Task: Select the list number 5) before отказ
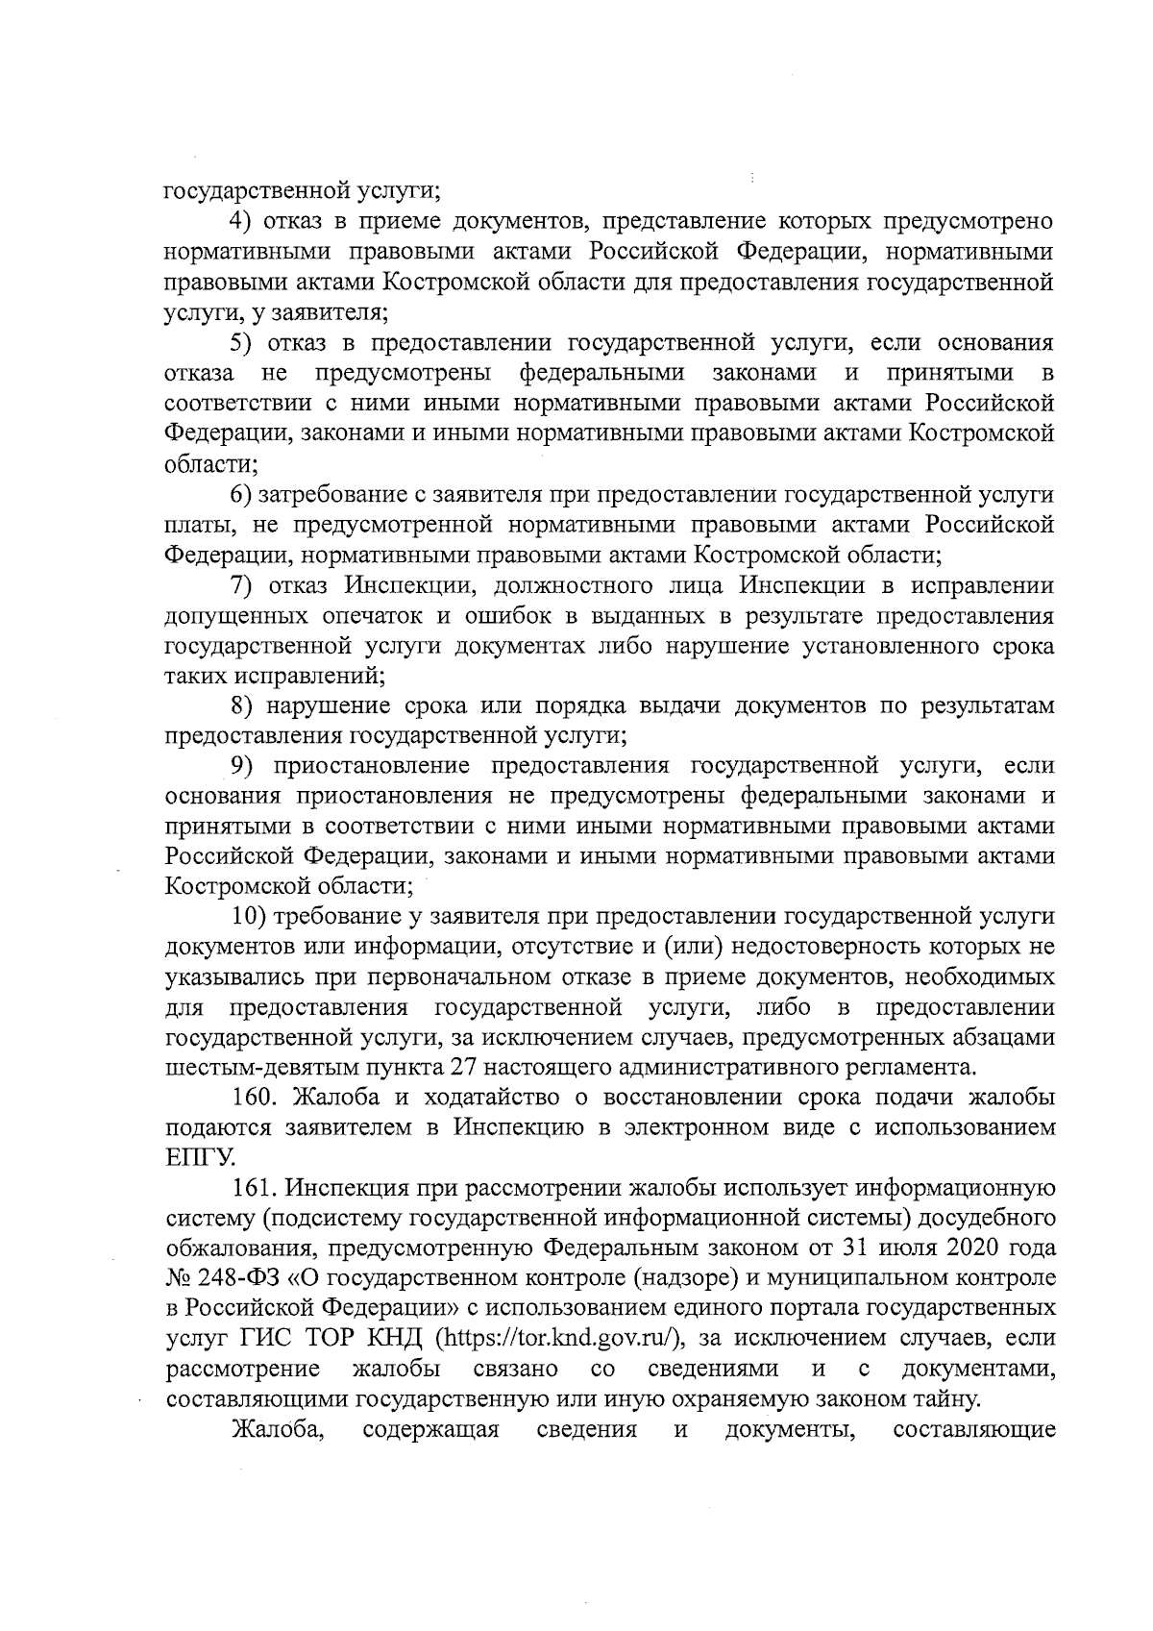[241, 343]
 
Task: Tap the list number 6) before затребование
[241, 494]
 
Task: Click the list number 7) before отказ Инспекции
[241, 585]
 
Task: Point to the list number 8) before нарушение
[241, 706]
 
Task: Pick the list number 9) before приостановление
[241, 766]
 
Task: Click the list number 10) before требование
[248, 917]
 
